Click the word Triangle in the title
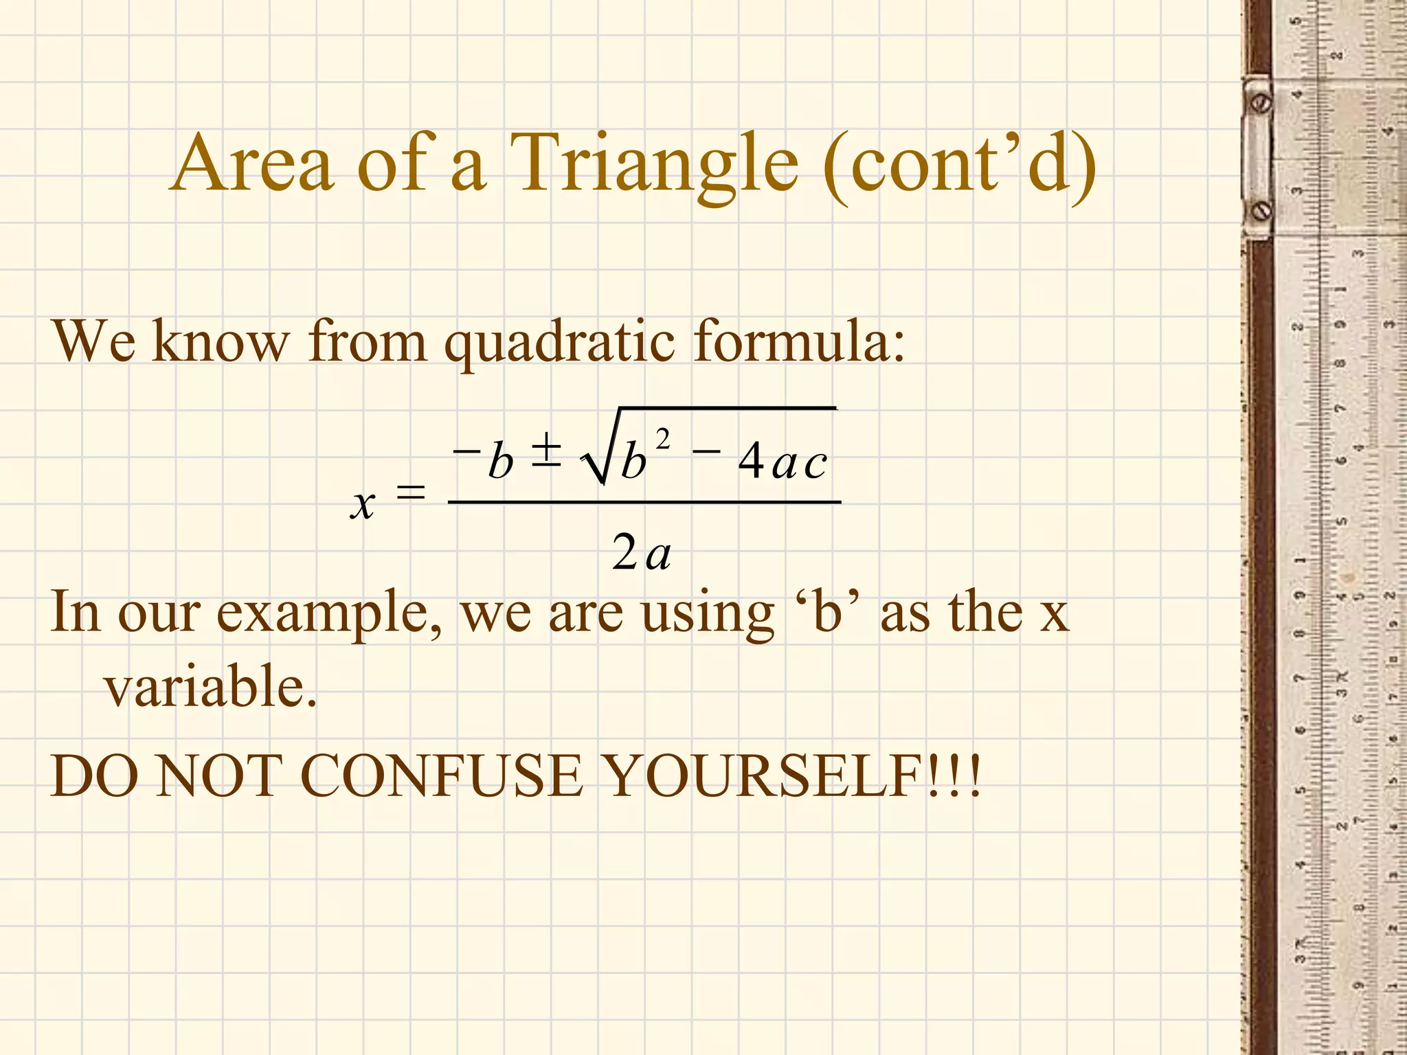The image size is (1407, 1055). click(x=653, y=165)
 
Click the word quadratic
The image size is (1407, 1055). click(x=559, y=341)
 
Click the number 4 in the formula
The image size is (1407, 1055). click(x=751, y=460)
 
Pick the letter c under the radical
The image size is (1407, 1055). click(x=815, y=464)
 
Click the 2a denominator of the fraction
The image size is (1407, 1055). click(x=641, y=552)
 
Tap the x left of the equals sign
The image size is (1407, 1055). click(x=363, y=504)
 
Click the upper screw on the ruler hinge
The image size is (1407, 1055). click(x=1262, y=104)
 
